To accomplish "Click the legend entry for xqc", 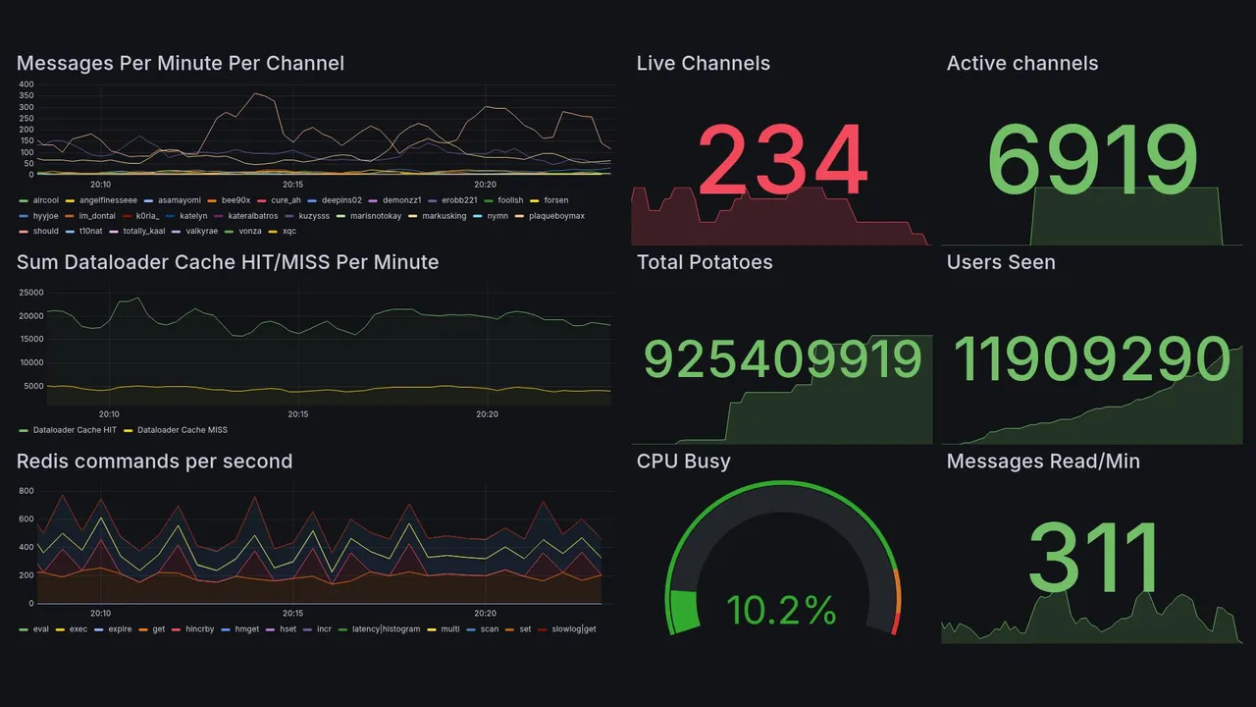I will click(x=288, y=232).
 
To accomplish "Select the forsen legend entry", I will click(x=555, y=200).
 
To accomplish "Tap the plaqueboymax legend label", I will click(x=556, y=216).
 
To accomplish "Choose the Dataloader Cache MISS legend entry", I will click(x=179, y=430).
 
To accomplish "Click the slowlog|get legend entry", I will click(x=574, y=629).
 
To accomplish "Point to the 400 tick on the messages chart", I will click(x=26, y=84).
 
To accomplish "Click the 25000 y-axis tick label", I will click(x=31, y=293).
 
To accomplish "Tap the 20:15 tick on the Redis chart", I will click(x=292, y=613).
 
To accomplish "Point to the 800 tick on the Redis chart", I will click(x=26, y=491).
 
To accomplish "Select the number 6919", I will click(x=1092, y=160).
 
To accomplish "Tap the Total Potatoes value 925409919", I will click(x=782, y=359).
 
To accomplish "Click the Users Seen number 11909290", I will click(x=1091, y=359).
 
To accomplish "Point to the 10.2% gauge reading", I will click(x=781, y=611).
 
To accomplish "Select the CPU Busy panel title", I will click(x=683, y=462).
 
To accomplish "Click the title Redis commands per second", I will click(x=154, y=462).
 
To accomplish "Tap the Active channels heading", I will click(x=1021, y=64).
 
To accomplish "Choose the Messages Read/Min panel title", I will click(x=1043, y=462).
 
